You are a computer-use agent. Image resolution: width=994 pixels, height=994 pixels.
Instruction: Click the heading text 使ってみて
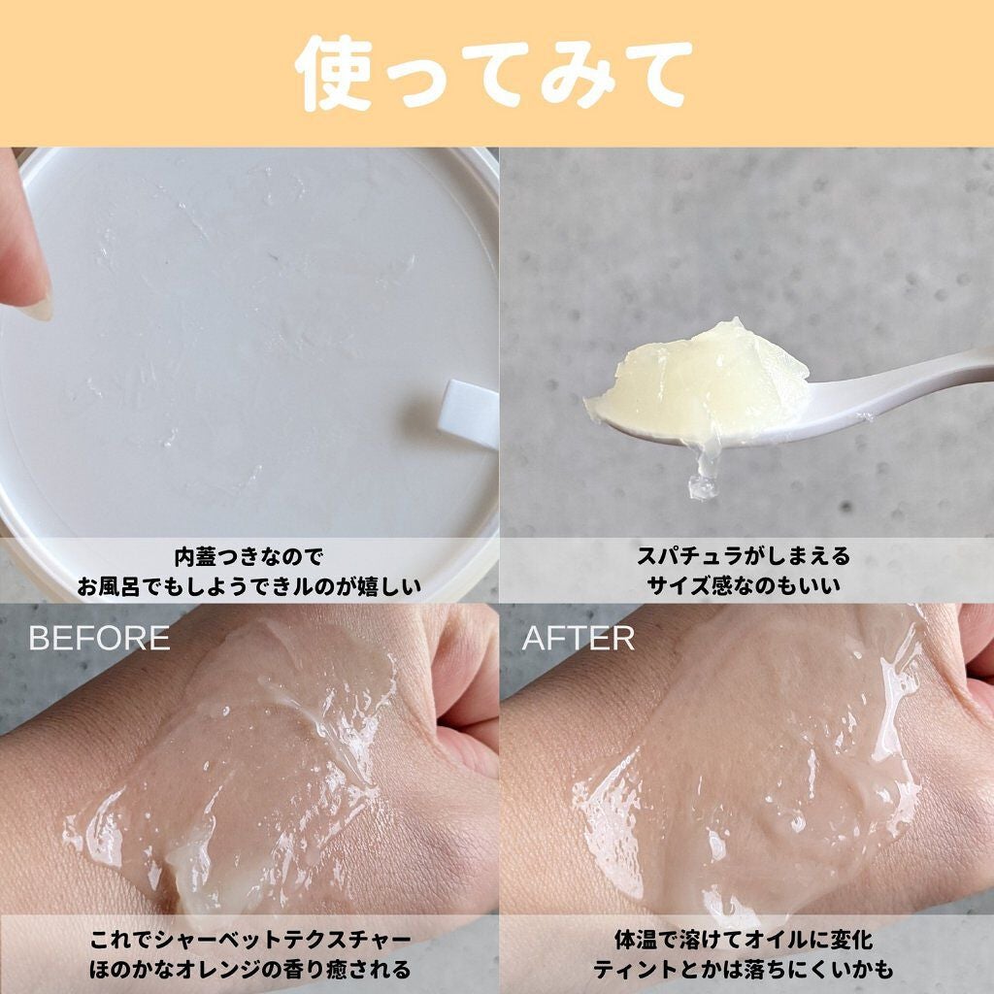point(495,73)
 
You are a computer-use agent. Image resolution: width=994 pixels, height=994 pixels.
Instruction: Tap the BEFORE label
point(99,638)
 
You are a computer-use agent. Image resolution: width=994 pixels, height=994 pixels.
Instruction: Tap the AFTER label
point(579,638)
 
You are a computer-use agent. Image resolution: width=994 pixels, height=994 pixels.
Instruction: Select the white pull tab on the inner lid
point(467,413)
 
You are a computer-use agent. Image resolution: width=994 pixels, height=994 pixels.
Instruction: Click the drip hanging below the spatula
point(704,480)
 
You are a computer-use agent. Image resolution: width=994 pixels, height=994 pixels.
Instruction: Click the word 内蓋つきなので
point(248,557)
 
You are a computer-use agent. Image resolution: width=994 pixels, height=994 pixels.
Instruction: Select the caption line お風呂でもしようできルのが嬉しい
point(248,585)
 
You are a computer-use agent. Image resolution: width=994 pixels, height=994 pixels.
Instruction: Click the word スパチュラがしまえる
point(745,557)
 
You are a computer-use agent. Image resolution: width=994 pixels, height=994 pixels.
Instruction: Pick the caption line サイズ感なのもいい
point(745,585)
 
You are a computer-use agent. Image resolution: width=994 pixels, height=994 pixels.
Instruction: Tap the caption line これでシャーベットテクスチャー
point(248,941)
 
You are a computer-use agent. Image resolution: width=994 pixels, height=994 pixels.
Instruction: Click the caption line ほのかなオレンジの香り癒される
point(248,969)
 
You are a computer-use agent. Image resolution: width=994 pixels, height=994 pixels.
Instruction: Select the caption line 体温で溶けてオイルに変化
point(745,941)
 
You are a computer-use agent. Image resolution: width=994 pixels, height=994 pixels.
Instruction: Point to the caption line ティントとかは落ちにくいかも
point(745,969)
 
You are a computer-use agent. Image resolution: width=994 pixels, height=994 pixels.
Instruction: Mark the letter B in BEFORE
point(39,638)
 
